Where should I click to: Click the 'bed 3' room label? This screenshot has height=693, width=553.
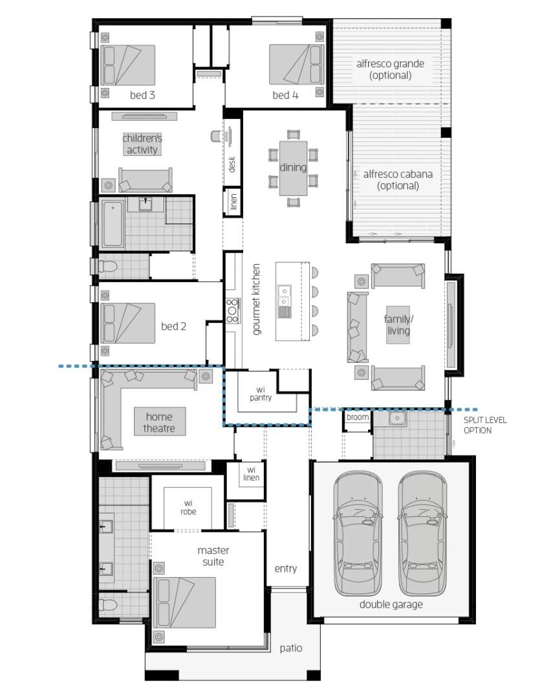tap(142, 95)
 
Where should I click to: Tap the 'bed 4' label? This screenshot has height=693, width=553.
tap(285, 95)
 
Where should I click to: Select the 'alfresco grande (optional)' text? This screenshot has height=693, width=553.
tap(390, 69)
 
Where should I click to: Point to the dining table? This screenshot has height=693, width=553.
tap(293, 168)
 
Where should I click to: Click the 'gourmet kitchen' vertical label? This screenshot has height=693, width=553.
tap(256, 299)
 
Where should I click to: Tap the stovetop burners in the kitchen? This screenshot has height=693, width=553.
tap(232, 310)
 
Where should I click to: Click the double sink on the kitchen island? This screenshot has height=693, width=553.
tap(285, 296)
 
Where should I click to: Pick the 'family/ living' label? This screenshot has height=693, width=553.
tap(398, 325)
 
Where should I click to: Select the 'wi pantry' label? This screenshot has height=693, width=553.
tap(261, 393)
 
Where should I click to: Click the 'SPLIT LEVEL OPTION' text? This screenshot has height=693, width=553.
tap(485, 425)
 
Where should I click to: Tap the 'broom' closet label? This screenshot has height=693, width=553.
tap(357, 417)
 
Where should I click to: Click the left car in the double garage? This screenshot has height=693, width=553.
tap(358, 533)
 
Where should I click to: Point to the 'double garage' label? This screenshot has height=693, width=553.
tap(391, 604)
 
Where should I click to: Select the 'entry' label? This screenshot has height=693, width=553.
tap(285, 569)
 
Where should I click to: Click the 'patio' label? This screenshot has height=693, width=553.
tap(290, 648)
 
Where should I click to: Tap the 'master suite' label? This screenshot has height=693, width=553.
tap(213, 556)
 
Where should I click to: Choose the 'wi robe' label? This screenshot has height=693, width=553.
tap(188, 507)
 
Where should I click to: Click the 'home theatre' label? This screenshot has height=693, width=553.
tap(159, 422)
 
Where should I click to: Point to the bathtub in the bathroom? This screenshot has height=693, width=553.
tap(113, 224)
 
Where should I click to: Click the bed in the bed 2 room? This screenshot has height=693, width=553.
tap(127, 323)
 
